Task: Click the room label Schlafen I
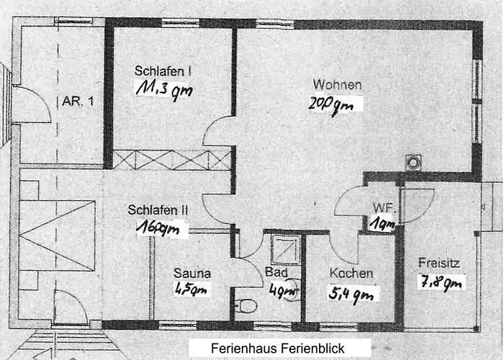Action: [163, 71]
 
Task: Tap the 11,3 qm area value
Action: [163, 89]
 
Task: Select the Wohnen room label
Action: [337, 84]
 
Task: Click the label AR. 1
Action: [78, 102]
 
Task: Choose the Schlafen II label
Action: [158, 210]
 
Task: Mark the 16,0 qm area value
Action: [162, 229]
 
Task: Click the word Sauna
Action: [192, 273]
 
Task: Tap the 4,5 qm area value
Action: [191, 289]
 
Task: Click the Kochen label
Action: [351, 274]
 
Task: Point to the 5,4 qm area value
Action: [352, 294]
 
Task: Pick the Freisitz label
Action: [439, 262]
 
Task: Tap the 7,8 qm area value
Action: [441, 282]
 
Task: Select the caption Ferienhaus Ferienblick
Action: [278, 348]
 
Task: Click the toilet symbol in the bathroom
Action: [246, 306]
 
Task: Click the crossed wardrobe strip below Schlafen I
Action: [172, 159]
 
